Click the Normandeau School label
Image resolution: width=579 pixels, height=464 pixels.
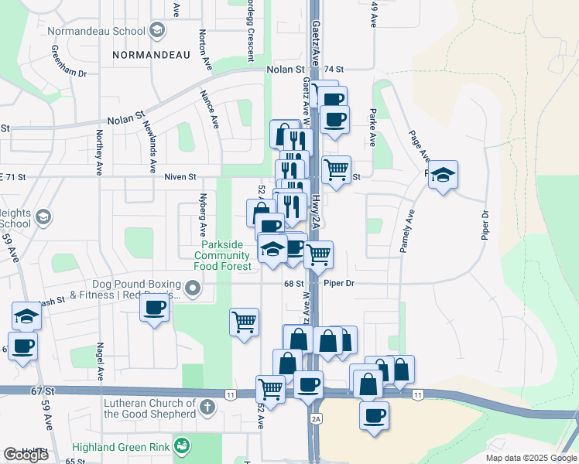click(x=96, y=31)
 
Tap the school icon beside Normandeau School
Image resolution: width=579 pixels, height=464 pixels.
click(x=157, y=31)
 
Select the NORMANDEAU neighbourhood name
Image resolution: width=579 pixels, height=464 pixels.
click(x=150, y=55)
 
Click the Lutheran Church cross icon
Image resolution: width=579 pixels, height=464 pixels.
click(x=207, y=407)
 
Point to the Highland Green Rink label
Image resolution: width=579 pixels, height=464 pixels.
click(x=121, y=447)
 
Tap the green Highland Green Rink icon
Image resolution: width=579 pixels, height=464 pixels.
click(x=182, y=445)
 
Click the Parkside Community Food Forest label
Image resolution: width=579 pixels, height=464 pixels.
click(x=222, y=255)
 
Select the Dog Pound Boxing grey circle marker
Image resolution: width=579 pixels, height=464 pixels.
click(x=193, y=289)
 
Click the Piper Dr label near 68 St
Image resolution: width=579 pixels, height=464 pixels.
click(x=339, y=284)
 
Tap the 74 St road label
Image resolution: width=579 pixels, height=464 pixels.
click(x=334, y=70)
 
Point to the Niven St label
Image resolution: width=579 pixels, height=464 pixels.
click(x=181, y=177)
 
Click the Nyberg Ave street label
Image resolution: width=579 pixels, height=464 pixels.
click(x=203, y=214)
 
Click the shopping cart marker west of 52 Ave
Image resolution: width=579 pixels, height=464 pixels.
click(x=245, y=319)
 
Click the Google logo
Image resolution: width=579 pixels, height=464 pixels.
click(x=26, y=455)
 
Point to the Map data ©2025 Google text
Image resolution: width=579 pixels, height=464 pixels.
click(x=530, y=458)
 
